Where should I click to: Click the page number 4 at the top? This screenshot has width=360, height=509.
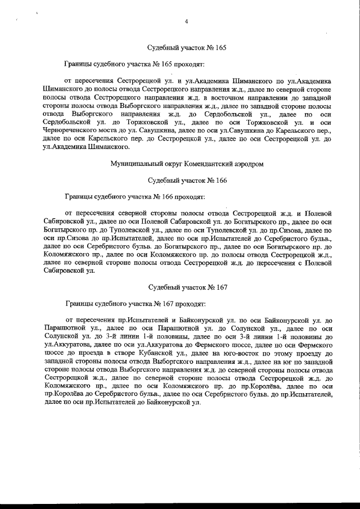[x=186, y=22]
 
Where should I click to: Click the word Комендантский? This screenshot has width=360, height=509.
[x=201, y=164]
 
